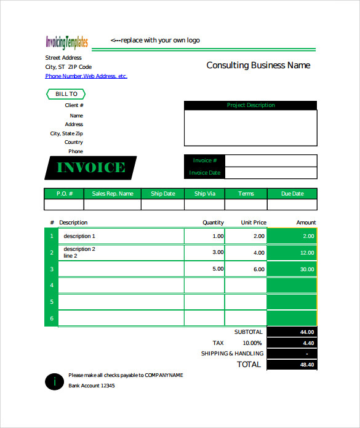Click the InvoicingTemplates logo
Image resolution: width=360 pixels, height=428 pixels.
66,42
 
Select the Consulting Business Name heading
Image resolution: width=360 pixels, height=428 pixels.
258,65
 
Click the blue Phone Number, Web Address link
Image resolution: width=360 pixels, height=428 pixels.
86,76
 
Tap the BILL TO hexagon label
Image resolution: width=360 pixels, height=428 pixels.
66,94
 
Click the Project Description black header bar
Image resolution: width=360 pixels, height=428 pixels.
250,105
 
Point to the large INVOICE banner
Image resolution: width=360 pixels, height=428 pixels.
90,167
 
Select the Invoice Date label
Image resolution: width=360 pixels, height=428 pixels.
205,173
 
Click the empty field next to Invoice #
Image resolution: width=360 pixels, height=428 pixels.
271,160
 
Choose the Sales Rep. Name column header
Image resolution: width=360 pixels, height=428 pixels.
112,194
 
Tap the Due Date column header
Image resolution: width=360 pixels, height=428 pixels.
292,194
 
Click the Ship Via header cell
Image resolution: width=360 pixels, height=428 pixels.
204,194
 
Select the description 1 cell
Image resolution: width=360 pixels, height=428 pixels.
121,236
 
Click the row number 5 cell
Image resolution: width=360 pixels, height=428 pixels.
52,302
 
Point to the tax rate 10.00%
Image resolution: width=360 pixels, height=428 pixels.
252,343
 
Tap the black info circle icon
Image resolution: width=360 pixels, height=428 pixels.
54,381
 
